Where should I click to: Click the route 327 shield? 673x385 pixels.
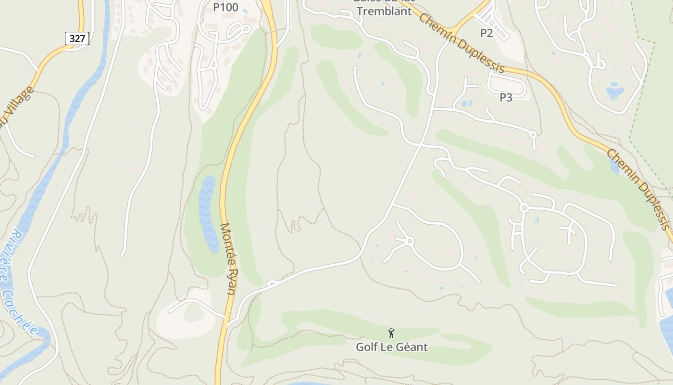(77, 38)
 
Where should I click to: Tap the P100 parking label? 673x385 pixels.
(226, 7)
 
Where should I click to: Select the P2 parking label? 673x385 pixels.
(486, 33)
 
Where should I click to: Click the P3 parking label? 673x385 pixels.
(506, 97)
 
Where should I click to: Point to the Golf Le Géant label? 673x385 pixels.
(391, 346)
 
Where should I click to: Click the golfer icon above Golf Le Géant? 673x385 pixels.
(391, 333)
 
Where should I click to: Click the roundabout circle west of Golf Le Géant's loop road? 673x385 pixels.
(410, 240)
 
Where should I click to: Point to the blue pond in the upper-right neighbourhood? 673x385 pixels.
(614, 91)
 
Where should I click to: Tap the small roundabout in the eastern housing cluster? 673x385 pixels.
(524, 208)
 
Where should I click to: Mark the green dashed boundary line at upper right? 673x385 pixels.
(642, 91)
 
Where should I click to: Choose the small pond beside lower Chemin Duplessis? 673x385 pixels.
(615, 167)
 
